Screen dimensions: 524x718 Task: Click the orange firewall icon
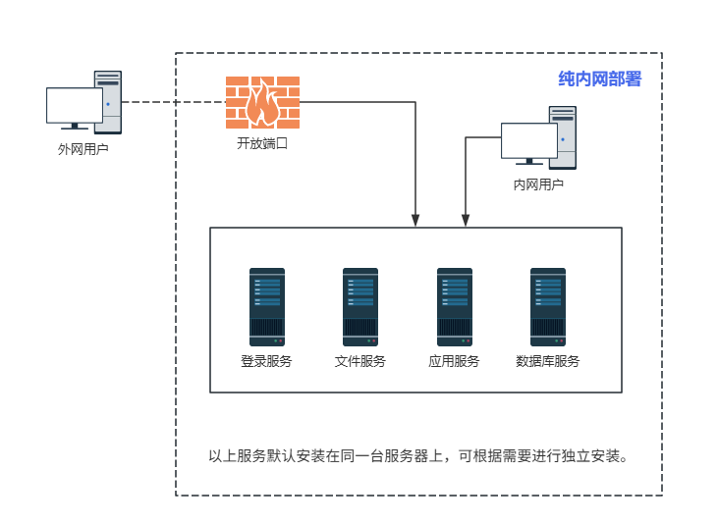pyautogui.click(x=262, y=102)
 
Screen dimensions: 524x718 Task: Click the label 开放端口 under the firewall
pyautogui.click(x=262, y=143)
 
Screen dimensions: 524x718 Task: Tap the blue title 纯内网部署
pyautogui.click(x=599, y=79)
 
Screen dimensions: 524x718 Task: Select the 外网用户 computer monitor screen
pyautogui.click(x=74, y=105)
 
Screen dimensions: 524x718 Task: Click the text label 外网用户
pyautogui.click(x=83, y=150)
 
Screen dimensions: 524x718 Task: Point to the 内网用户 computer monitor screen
pyautogui.click(x=528, y=139)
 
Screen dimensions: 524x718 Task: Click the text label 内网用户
pyautogui.click(x=538, y=183)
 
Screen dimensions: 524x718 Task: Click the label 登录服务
pyautogui.click(x=266, y=361)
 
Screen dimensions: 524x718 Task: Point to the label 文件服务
pyautogui.click(x=359, y=361)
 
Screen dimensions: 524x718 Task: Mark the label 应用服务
pyautogui.click(x=454, y=361)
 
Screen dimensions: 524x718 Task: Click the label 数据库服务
pyautogui.click(x=547, y=361)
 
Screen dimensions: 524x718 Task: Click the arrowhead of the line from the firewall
pyautogui.click(x=415, y=220)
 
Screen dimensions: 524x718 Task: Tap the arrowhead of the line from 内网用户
pyautogui.click(x=464, y=220)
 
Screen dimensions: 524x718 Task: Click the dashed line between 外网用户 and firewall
pyautogui.click(x=173, y=102)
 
